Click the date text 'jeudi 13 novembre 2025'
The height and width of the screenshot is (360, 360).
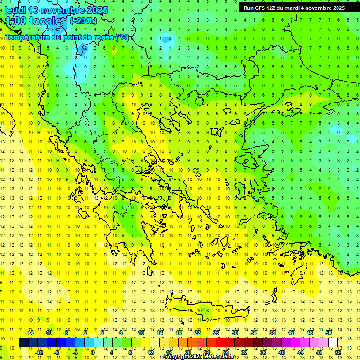[55, 10]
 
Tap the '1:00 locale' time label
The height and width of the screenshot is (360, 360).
[33, 21]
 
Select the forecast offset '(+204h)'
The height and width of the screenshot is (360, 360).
[83, 21]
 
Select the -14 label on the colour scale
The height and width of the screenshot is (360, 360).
[29, 333]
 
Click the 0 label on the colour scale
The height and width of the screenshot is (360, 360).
[93, 352]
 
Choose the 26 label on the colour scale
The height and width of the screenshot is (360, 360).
[216, 333]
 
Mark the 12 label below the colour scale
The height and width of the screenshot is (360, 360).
[150, 352]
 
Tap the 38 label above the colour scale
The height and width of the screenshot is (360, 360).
[272, 333]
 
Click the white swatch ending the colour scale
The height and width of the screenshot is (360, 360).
[333, 343]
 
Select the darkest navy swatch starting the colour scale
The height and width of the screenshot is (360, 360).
[23, 343]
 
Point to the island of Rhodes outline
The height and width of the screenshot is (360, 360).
[311, 271]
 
